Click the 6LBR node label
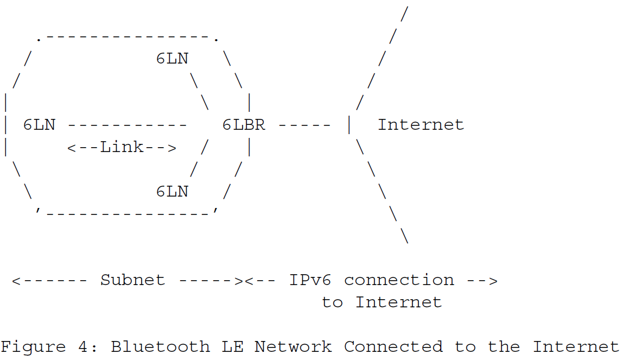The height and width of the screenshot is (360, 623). (244, 125)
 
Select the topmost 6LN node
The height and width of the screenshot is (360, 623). (172, 59)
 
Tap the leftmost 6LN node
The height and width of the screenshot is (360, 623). (39, 125)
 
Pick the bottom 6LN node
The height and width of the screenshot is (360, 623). (172, 191)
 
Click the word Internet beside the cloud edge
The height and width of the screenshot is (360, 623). (421, 125)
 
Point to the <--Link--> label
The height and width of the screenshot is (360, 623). (122, 147)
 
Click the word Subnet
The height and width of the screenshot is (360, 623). (132, 280)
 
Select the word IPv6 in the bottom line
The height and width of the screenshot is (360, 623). (309, 280)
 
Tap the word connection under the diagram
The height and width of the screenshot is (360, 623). (399, 280)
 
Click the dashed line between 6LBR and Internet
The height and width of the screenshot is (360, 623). (304, 125)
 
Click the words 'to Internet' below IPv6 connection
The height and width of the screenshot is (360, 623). (382, 302)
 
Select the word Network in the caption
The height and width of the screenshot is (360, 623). (293, 346)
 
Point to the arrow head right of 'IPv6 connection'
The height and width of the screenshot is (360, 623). (492, 281)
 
